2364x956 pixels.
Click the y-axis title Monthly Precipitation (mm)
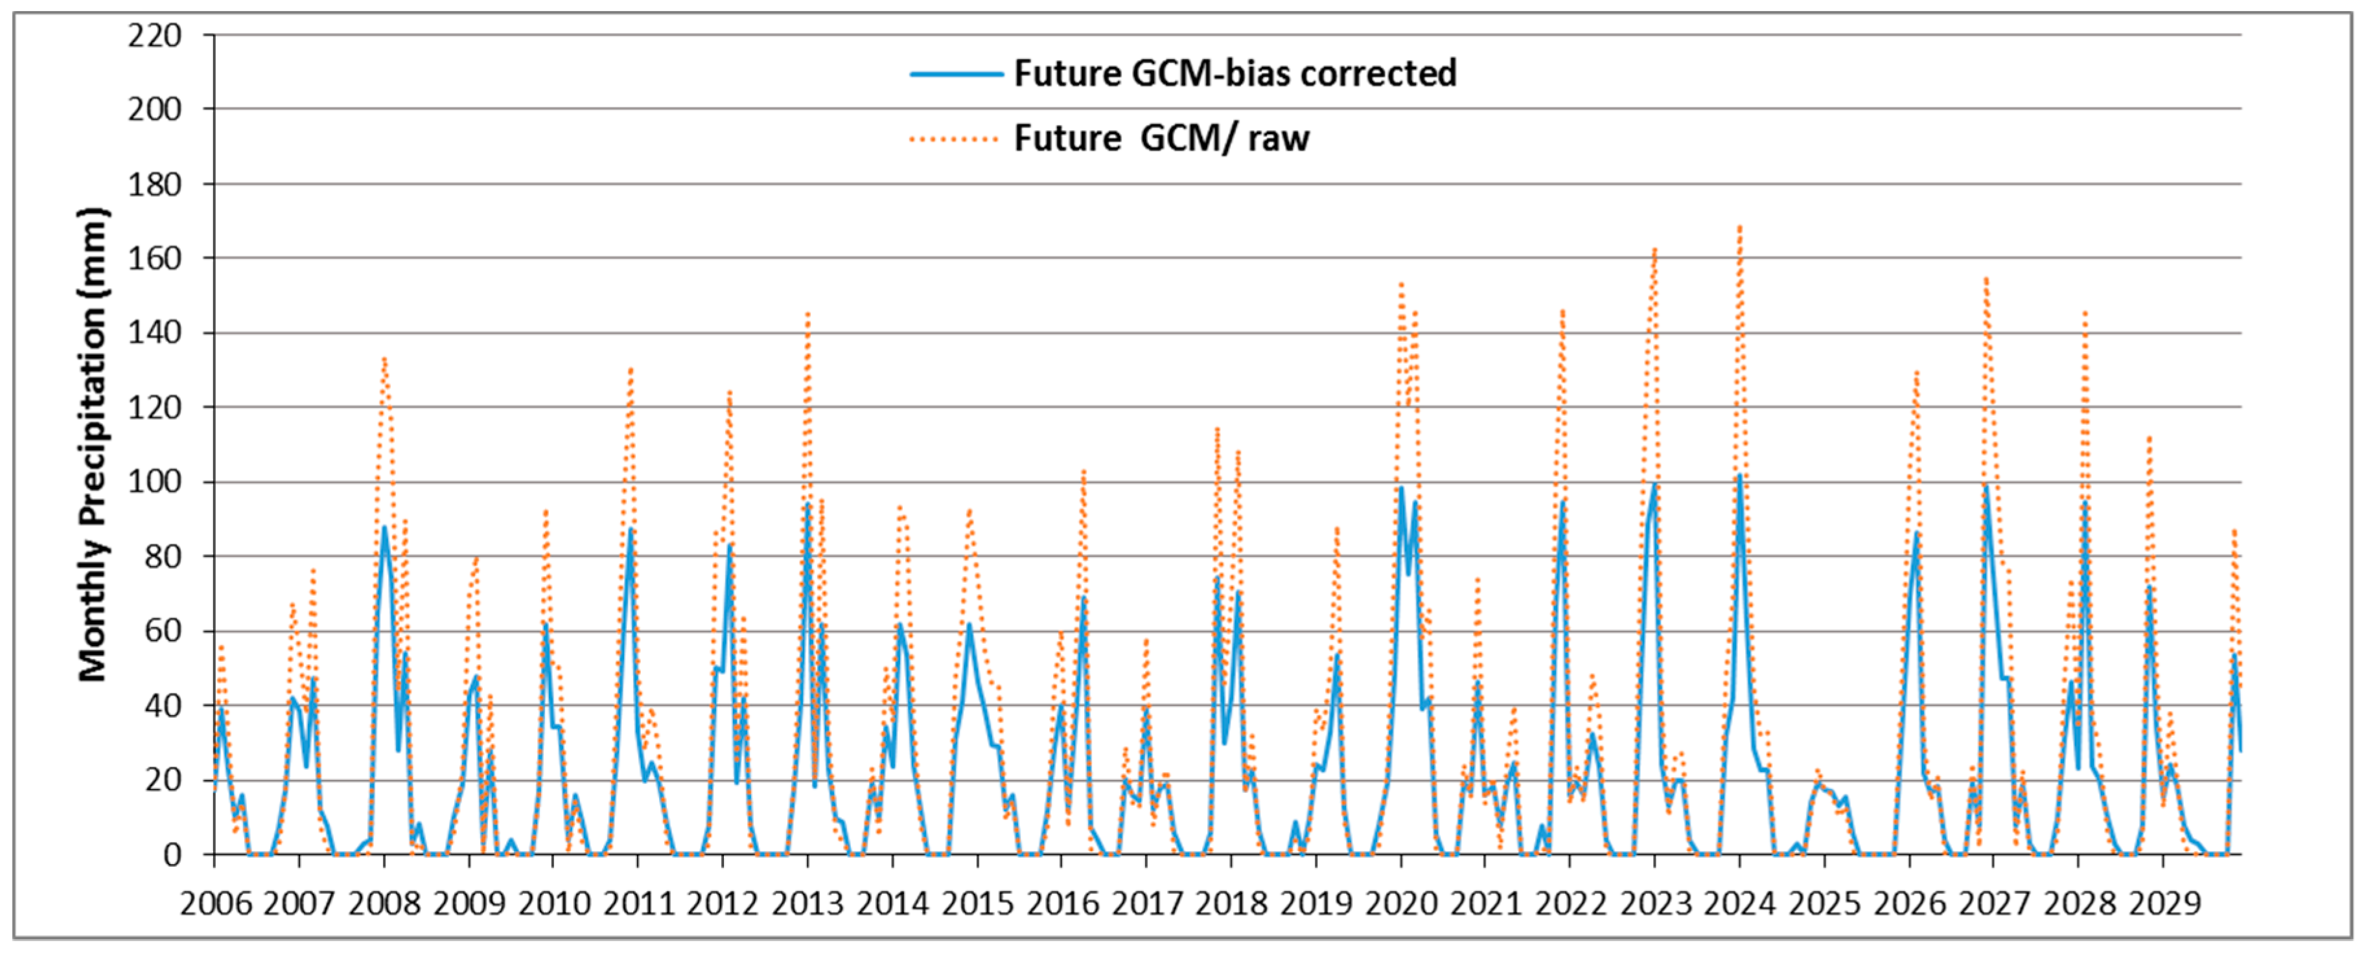pos(93,446)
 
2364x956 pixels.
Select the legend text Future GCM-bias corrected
pos(1234,73)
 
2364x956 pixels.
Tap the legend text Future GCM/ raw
pos(1161,139)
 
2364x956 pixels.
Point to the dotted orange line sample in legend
pos(955,139)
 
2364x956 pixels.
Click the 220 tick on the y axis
pos(154,36)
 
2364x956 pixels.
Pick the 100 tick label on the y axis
pos(154,482)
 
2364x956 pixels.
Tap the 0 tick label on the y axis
pos(172,855)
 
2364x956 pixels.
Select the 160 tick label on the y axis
pos(154,258)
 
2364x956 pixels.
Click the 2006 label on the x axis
pos(216,904)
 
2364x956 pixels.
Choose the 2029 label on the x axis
pos(2164,904)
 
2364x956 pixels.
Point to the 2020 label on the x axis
pos(1400,904)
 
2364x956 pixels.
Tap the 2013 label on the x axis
pos(807,904)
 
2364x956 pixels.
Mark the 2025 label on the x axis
pos(1824,904)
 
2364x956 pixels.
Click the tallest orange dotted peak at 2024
pos(1739,227)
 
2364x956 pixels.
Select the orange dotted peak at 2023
pos(1654,249)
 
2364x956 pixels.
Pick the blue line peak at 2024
pos(1739,475)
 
